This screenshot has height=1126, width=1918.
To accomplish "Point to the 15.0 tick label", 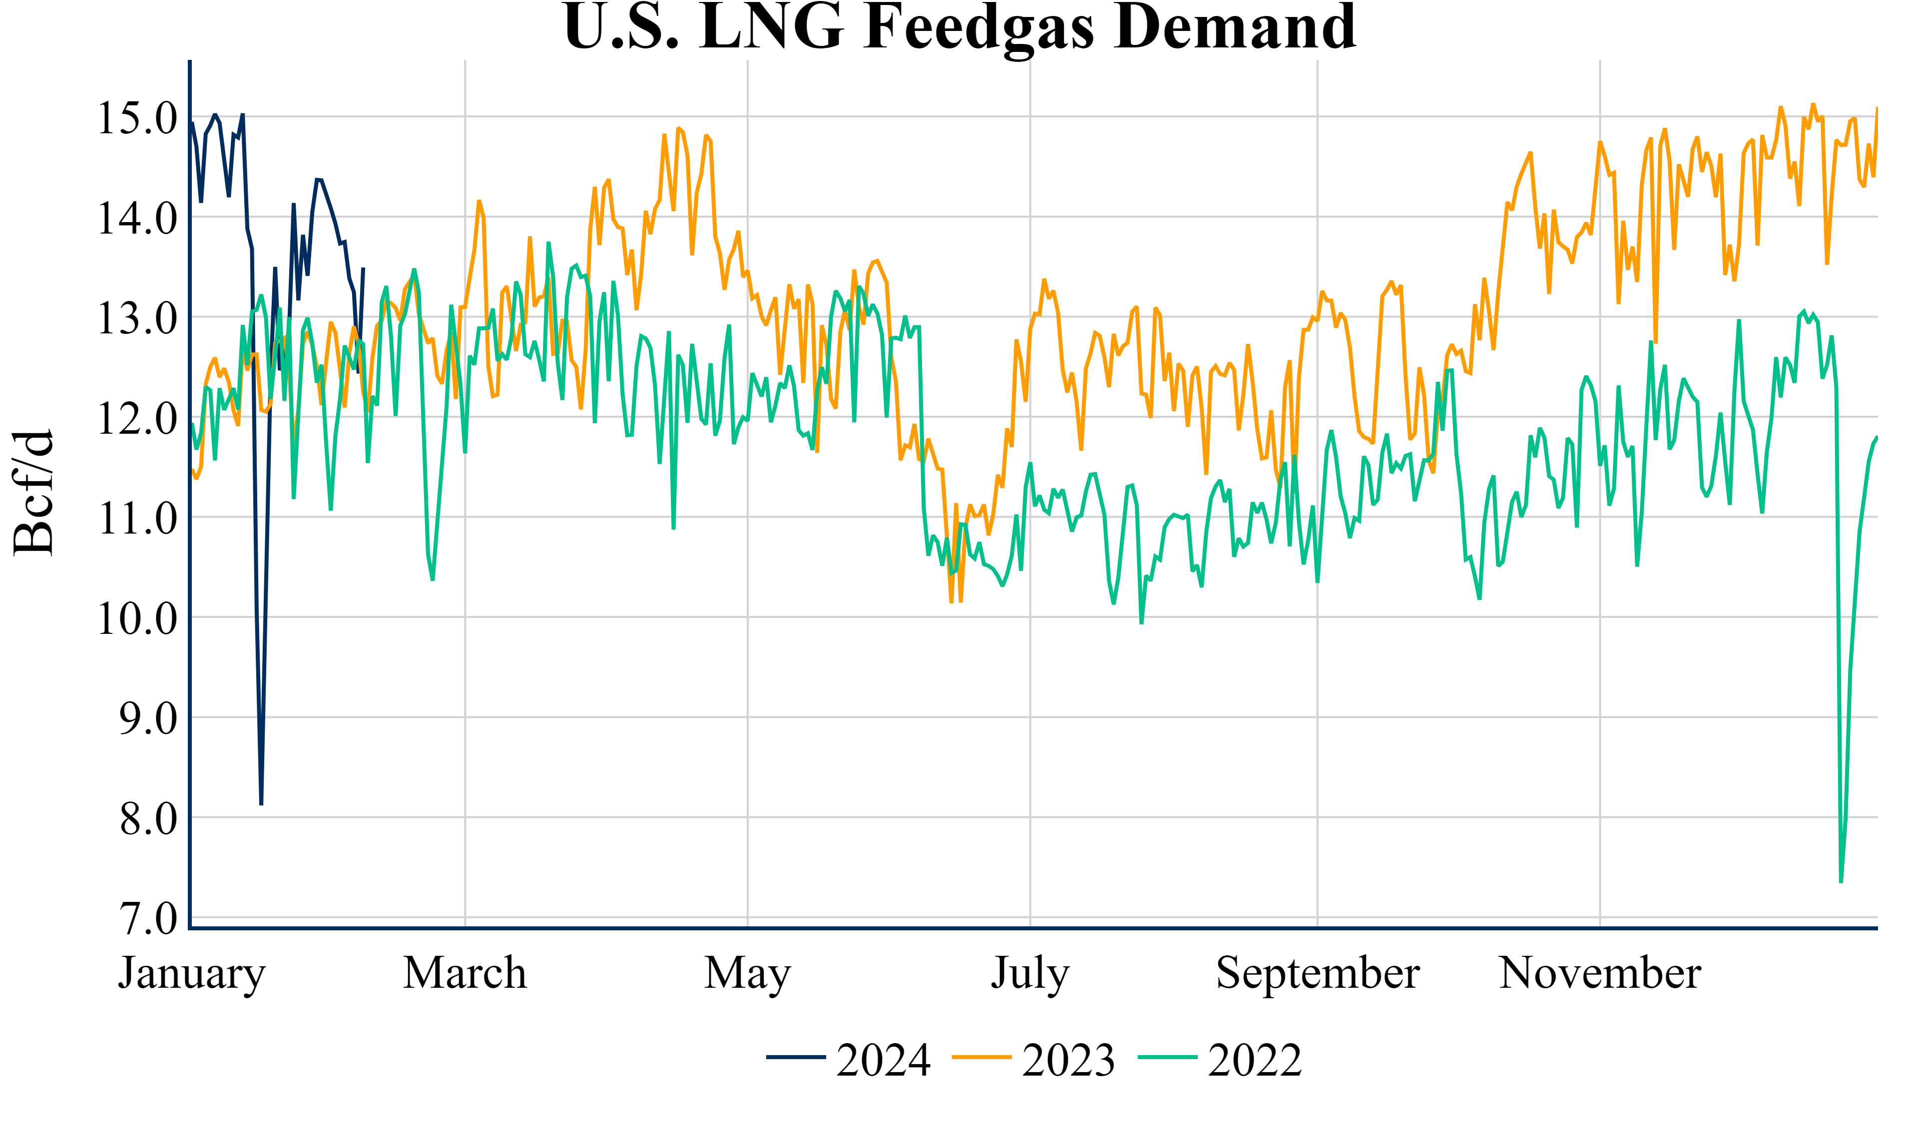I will [x=137, y=118].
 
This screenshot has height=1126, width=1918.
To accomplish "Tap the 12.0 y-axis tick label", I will [x=137, y=418].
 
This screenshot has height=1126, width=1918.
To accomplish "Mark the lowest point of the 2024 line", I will [x=261, y=804].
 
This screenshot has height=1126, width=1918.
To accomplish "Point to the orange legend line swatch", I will [x=982, y=1058].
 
